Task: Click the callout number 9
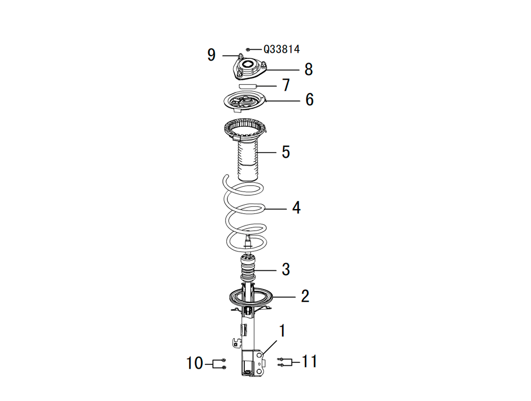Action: tap(211, 55)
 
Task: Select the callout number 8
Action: tap(309, 69)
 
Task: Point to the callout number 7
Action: tap(286, 85)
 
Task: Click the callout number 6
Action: tap(310, 100)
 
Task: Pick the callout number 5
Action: tap(286, 152)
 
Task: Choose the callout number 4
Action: tap(296, 208)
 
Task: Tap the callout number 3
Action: tap(286, 269)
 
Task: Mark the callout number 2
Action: tap(305, 296)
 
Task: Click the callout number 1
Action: tap(282, 331)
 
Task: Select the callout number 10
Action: tap(195, 363)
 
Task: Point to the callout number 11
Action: tap(310, 362)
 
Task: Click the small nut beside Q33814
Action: tap(248, 49)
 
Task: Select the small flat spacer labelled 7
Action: tap(247, 85)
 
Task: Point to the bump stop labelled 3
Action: tap(247, 268)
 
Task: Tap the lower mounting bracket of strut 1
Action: tap(252, 363)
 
